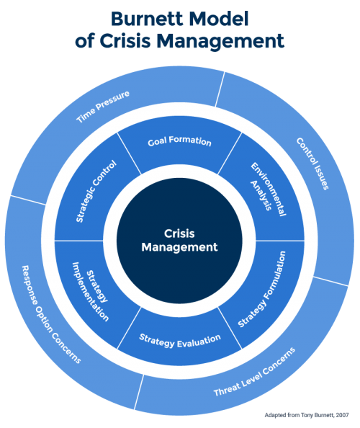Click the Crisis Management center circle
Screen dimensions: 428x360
(179, 241)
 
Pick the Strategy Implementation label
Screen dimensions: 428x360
(90, 295)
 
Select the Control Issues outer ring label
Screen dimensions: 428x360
(313, 164)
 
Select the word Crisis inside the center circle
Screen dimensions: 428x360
(179, 233)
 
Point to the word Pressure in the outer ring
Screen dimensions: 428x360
(114, 99)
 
